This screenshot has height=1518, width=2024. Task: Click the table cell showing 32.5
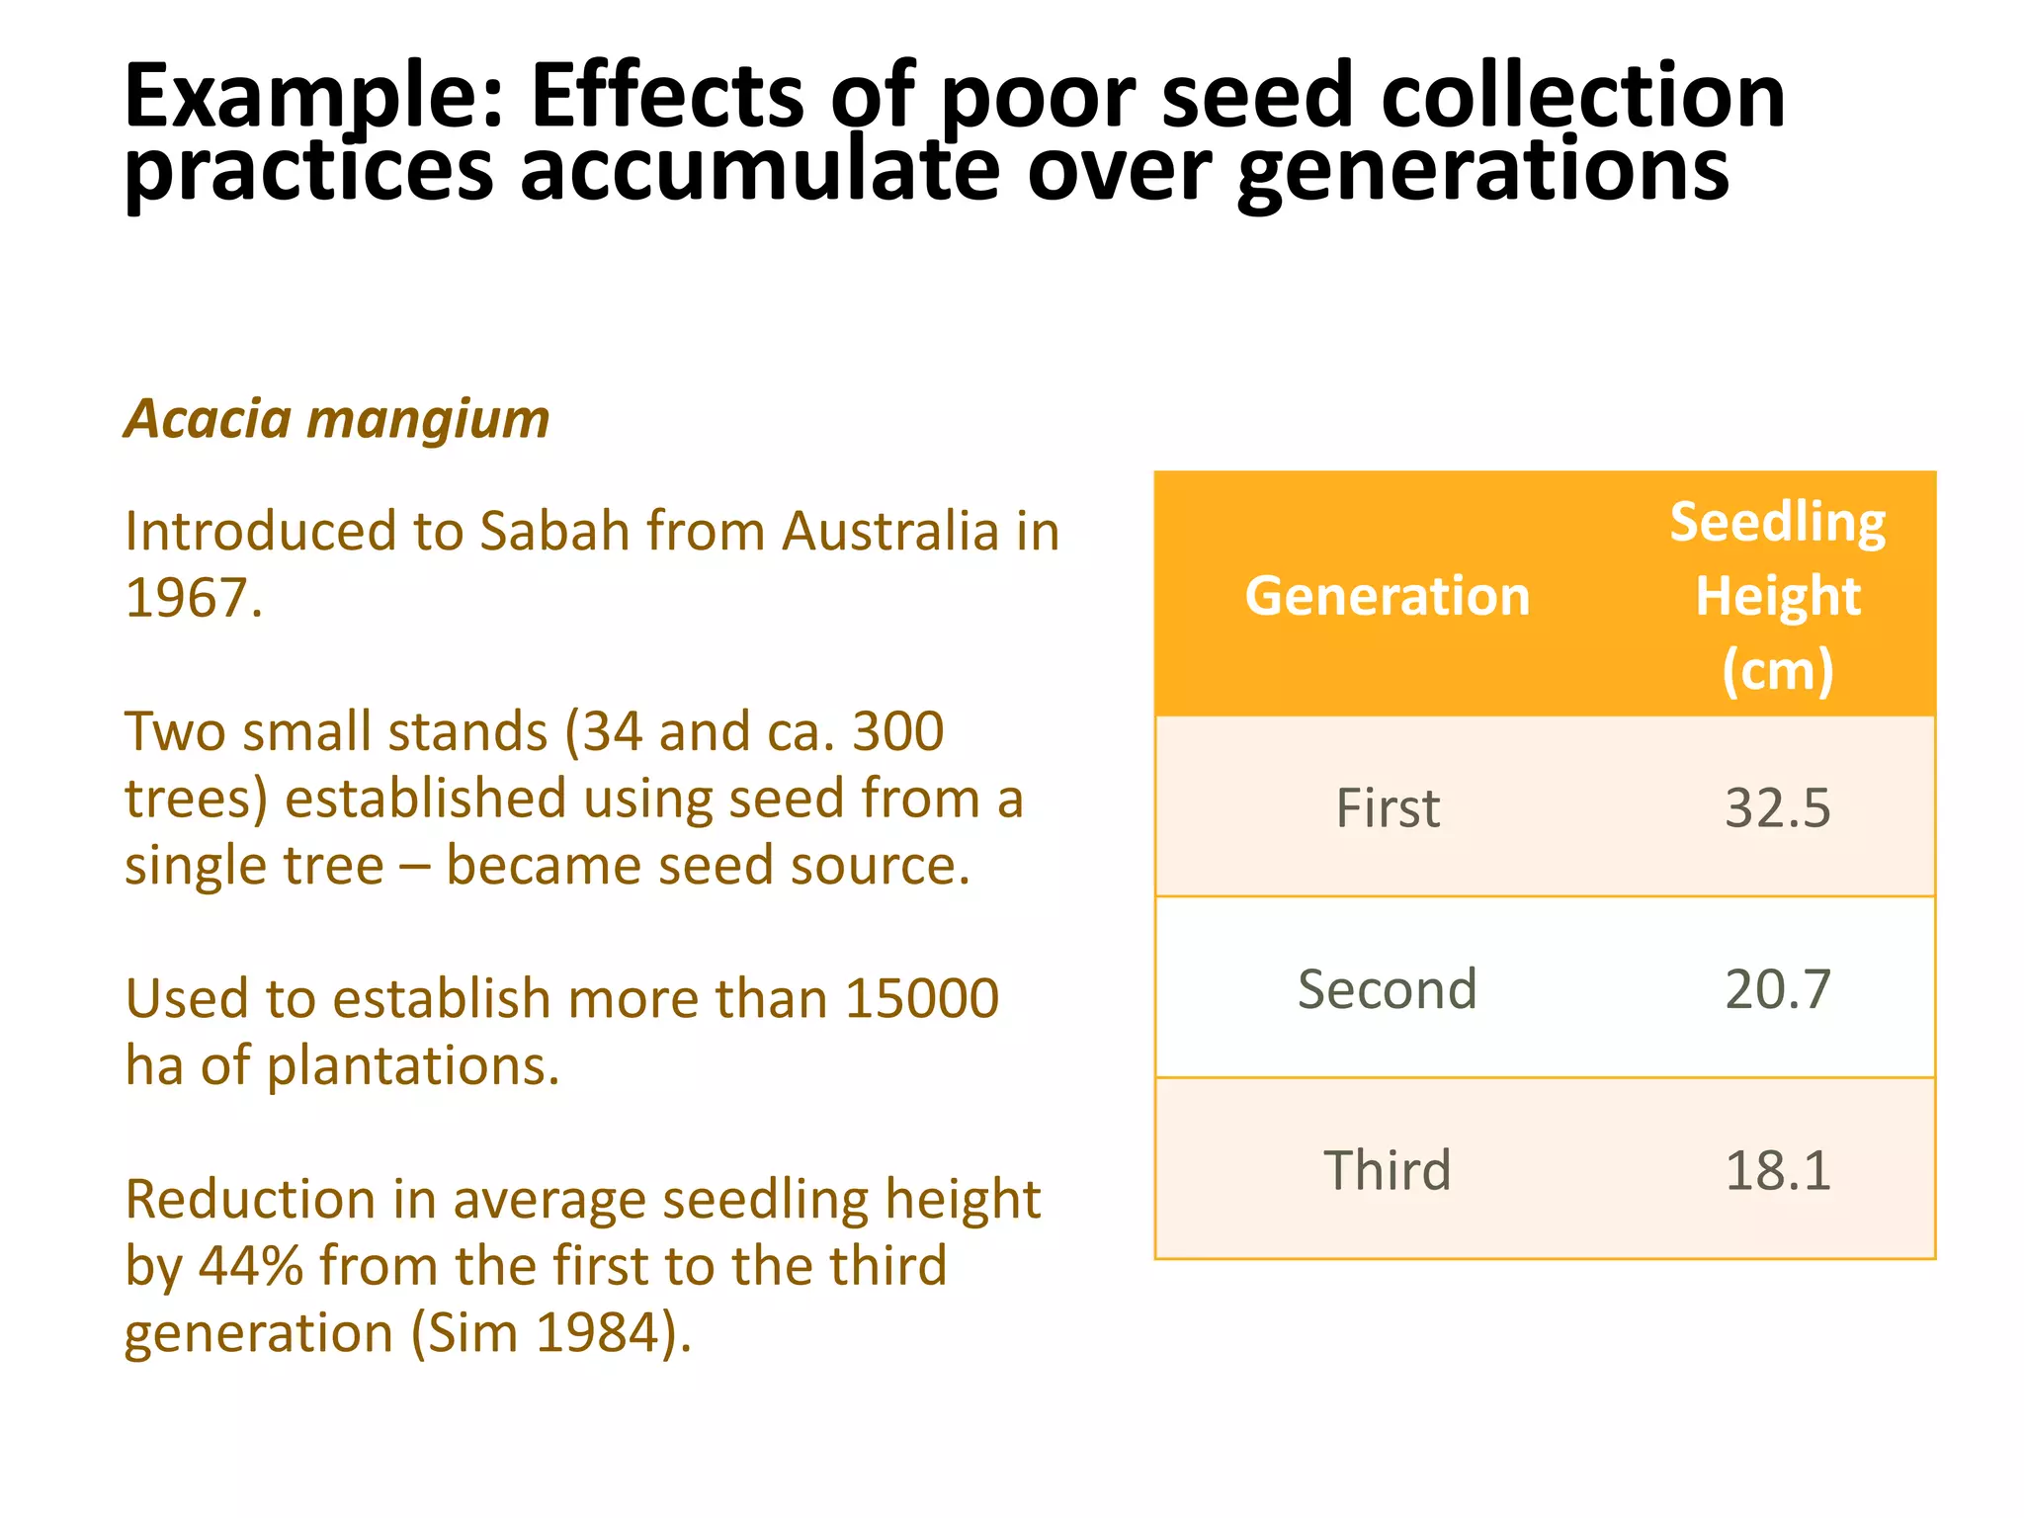coord(1777,807)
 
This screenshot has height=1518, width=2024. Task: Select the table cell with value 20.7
coord(1777,988)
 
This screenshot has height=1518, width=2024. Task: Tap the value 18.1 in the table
coord(1777,1170)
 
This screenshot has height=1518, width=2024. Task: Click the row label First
coord(1388,807)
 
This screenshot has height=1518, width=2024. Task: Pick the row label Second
coord(1388,988)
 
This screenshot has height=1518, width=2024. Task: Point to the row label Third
coord(1388,1170)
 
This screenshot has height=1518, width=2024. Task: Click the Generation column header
coord(1388,596)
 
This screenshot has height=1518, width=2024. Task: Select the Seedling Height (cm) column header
coord(1777,596)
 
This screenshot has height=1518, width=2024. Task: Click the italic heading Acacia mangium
coord(337,419)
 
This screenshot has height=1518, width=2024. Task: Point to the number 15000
coord(922,998)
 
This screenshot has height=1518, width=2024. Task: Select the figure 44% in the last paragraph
coord(251,1266)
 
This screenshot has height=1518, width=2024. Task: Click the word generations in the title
coord(1482,170)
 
